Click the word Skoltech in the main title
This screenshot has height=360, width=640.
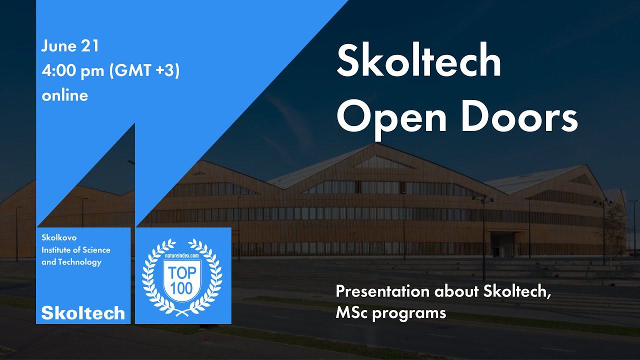pos(419,61)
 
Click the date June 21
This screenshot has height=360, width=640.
pos(70,46)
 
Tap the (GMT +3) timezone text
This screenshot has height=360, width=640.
pos(144,71)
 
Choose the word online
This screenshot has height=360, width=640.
pos(65,95)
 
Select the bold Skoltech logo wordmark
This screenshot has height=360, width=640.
pos(83,313)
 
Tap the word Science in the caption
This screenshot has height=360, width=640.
pos(96,249)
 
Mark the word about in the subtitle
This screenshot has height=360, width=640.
pos(457,292)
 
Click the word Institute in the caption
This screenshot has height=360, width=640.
pos(56,249)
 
